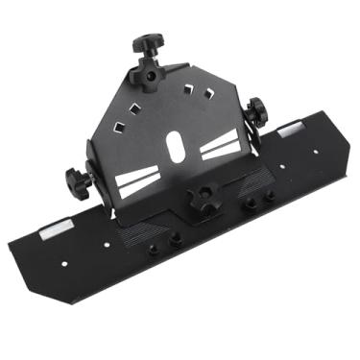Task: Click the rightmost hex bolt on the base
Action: click(270, 195)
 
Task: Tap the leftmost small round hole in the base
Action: click(63, 265)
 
